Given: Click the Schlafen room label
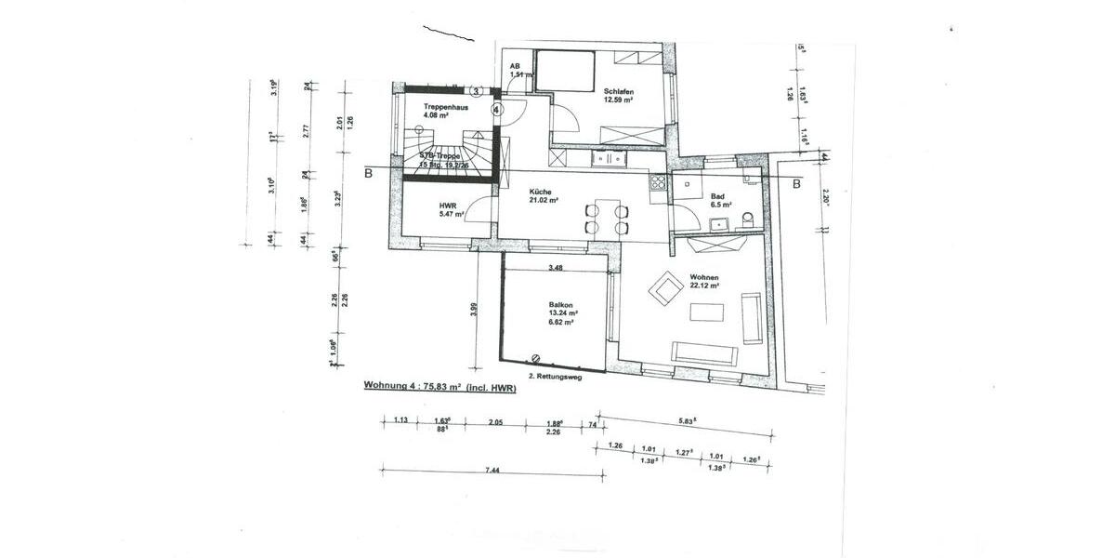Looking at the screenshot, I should [x=619, y=91].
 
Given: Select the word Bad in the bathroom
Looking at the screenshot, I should [x=717, y=196].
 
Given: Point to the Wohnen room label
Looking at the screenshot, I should [x=704, y=276].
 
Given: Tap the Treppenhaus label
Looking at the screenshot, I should [x=445, y=107].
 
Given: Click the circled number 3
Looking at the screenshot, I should [x=476, y=91].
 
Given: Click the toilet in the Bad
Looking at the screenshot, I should [x=749, y=221].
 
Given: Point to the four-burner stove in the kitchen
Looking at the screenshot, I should [x=659, y=182].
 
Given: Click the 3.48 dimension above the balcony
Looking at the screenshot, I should [x=556, y=268].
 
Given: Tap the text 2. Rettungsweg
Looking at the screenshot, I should [x=556, y=377].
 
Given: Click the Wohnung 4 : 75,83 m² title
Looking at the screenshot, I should [x=439, y=389].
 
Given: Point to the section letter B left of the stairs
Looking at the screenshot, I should [x=369, y=172].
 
